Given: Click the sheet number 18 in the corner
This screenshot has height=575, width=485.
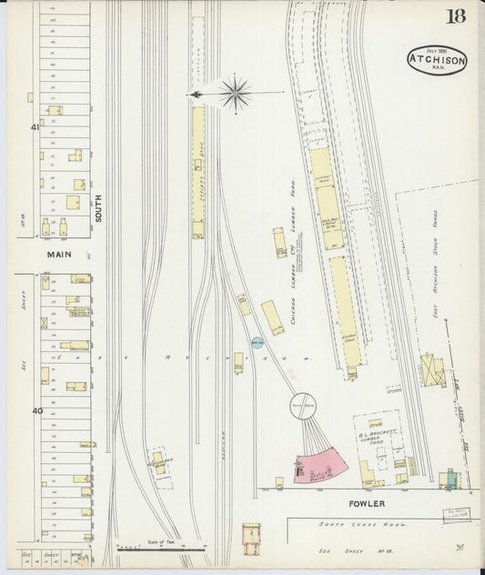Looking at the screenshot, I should (455, 16).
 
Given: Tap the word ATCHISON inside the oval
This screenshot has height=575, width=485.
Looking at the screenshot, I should (437, 60).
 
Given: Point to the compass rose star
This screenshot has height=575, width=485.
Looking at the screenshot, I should (235, 93).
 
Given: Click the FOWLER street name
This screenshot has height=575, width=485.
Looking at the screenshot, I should (365, 503).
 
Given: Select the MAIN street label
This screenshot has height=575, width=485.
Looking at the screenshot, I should (58, 256).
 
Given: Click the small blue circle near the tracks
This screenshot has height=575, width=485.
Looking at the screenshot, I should (257, 342).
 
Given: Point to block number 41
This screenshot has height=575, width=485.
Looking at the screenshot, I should (35, 127).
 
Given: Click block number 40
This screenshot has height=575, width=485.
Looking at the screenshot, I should (37, 410).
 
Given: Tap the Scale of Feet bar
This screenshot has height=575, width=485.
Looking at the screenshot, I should (160, 549).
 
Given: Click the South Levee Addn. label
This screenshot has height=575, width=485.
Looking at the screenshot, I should (362, 524).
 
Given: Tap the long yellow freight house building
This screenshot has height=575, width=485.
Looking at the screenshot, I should (197, 168).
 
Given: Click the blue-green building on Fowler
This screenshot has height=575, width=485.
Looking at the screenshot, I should (450, 479).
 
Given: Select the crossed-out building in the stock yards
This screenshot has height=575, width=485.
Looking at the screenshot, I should (431, 369).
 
